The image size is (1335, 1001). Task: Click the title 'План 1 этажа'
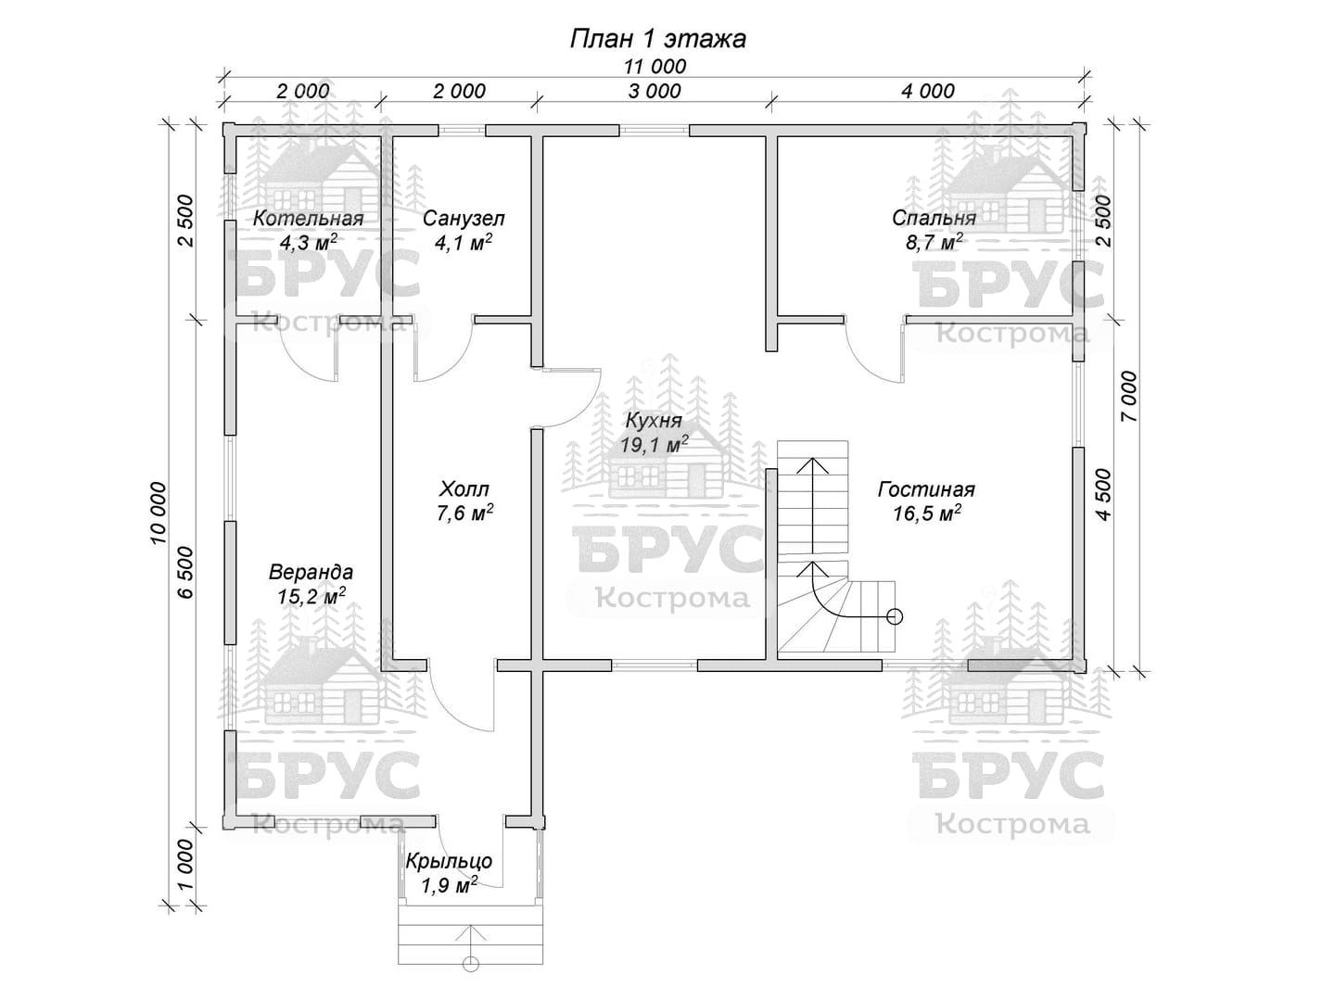coord(657,39)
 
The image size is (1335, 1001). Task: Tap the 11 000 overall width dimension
coord(655,66)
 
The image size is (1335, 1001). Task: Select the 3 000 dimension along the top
coord(655,91)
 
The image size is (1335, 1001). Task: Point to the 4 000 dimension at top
coord(927,91)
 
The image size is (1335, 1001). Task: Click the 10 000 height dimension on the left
coord(158,513)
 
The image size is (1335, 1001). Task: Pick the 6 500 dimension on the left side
coord(185,573)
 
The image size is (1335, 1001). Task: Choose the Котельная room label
coord(309,218)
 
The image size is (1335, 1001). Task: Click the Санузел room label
coord(464,218)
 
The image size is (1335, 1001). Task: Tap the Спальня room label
coord(934,218)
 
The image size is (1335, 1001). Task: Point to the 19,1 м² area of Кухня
coord(655,444)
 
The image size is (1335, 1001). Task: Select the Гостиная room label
coord(926,489)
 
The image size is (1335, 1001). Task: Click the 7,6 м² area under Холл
coord(464,513)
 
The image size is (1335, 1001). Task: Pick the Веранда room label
coord(311,573)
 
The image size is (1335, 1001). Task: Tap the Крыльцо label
coord(450,862)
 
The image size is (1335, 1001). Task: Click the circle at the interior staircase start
coord(894,617)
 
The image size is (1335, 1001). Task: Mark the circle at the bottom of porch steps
coord(471,964)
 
